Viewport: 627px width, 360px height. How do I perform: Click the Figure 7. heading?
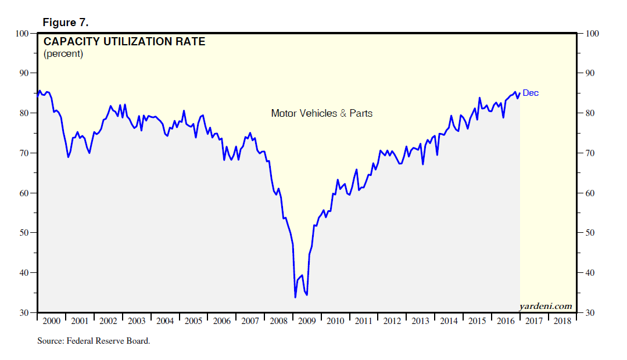(x=65, y=22)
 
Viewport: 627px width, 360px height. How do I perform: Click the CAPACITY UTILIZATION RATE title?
(x=124, y=42)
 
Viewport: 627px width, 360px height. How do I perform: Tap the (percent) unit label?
(x=63, y=54)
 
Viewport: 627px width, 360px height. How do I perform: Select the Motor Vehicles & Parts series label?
(x=321, y=113)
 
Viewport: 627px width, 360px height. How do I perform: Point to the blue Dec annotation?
(x=531, y=93)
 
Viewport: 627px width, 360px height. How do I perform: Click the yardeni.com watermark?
(x=545, y=306)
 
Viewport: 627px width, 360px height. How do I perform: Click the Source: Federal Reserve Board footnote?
(x=94, y=341)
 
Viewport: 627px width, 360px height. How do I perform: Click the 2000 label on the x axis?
(x=51, y=321)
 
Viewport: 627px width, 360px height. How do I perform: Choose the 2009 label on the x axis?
(x=307, y=321)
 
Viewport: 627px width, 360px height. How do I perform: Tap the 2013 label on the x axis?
(x=421, y=321)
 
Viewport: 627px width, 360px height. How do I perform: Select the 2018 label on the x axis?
(x=562, y=321)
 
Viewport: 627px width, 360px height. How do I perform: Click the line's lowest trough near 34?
(x=295, y=297)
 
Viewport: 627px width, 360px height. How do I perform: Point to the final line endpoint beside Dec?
(x=519, y=93)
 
